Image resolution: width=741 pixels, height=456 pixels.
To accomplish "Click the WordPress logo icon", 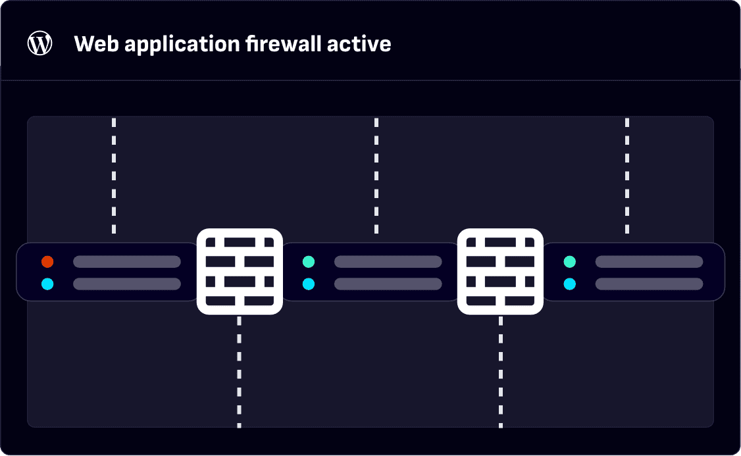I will click(39, 43).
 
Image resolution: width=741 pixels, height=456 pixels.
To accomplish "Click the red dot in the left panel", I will click(47, 262).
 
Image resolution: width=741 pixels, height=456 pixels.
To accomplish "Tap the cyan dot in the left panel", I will click(47, 284).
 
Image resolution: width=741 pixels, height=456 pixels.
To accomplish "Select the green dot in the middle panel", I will click(309, 262).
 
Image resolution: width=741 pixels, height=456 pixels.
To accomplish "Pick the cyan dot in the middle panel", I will click(309, 284).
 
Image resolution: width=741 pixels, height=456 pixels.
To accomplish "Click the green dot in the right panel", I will click(570, 262).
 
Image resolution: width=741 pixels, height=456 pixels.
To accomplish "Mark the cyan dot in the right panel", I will click(570, 284).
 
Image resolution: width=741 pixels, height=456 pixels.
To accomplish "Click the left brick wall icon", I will click(240, 270).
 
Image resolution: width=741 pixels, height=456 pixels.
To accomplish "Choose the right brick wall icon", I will click(500, 270).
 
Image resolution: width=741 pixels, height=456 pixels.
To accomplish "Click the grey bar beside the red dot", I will click(127, 262).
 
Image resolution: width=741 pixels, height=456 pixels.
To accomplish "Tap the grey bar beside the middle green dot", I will click(388, 262).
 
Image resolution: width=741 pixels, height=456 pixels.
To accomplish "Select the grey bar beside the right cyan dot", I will click(649, 284).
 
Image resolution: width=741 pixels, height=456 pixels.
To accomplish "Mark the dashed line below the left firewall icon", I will click(239, 372).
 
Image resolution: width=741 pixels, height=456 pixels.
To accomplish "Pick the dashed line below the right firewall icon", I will click(501, 372).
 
